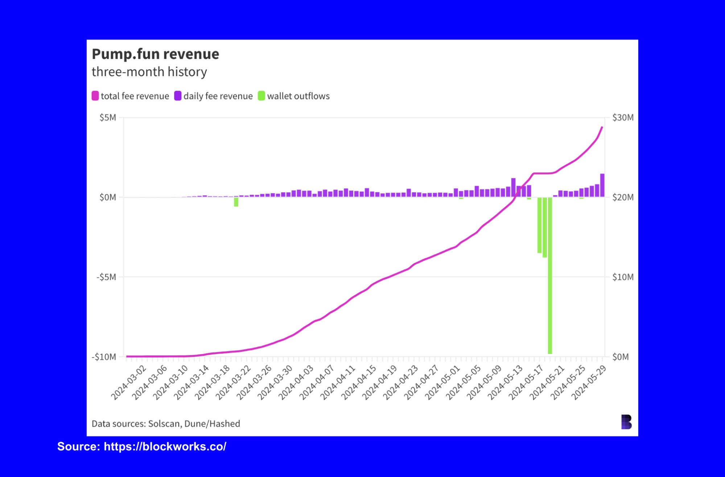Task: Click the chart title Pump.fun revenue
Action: pyautogui.click(x=155, y=54)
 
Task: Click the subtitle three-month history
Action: pyautogui.click(x=149, y=72)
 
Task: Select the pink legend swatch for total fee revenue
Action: pyautogui.click(x=95, y=96)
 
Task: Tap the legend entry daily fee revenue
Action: pyautogui.click(x=218, y=96)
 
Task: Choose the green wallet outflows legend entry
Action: pyautogui.click(x=298, y=96)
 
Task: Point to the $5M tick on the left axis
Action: pyautogui.click(x=108, y=118)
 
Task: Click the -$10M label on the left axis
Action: pyautogui.click(x=104, y=357)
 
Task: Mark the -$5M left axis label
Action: pyautogui.click(x=106, y=277)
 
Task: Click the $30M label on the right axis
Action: pyautogui.click(x=623, y=118)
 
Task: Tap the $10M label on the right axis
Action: pyautogui.click(x=623, y=277)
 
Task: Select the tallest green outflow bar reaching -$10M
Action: pyautogui.click(x=550, y=276)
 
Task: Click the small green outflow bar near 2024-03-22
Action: pyautogui.click(x=236, y=202)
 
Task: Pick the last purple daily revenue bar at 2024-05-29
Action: pyautogui.click(x=602, y=185)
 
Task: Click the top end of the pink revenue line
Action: pyautogui.click(x=602, y=127)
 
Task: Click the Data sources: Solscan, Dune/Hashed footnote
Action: pyautogui.click(x=166, y=424)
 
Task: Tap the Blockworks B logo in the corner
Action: pyautogui.click(x=626, y=422)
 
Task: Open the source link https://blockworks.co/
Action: pyautogui.click(x=165, y=447)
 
